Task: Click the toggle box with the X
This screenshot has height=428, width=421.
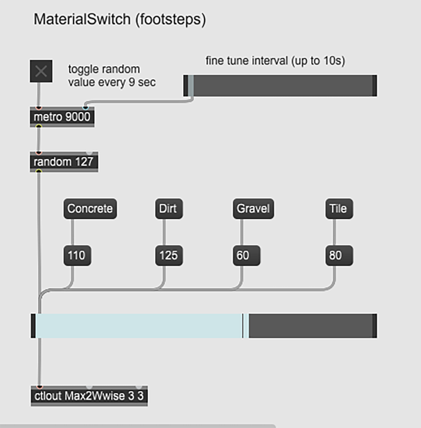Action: [x=41, y=71]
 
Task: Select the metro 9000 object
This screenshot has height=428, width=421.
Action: [x=62, y=117]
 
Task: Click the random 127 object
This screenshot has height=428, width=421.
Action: [x=64, y=162]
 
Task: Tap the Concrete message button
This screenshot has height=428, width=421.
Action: [x=90, y=209]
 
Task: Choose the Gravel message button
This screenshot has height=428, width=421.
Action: [x=253, y=209]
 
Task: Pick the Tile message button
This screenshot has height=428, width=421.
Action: [x=339, y=209]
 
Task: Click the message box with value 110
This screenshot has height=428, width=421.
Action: [x=77, y=255]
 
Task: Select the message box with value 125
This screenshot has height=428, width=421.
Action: [x=168, y=255]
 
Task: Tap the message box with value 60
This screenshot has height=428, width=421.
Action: [x=246, y=255]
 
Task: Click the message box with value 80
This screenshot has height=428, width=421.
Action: [x=339, y=255]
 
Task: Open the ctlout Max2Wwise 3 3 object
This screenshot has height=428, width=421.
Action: [x=89, y=396]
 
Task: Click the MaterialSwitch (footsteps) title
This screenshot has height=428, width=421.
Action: [x=120, y=19]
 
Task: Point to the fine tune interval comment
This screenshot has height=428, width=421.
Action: [x=275, y=61]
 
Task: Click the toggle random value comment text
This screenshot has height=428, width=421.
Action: [x=112, y=75]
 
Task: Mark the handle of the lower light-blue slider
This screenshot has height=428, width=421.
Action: [x=245, y=326]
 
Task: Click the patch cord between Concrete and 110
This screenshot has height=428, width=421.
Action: [x=73, y=232]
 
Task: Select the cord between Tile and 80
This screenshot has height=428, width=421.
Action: [x=334, y=232]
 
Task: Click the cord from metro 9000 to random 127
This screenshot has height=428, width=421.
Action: [x=39, y=139]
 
